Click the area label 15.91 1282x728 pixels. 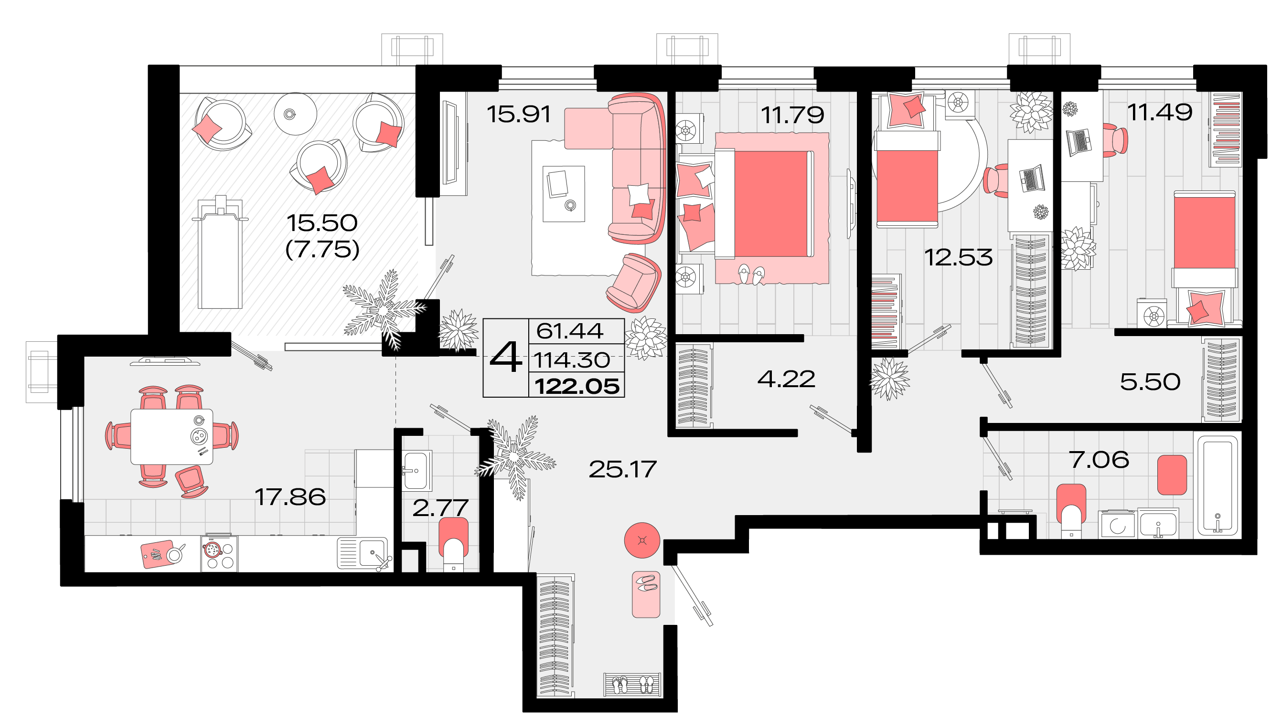tap(519, 114)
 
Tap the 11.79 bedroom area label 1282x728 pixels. tap(792, 115)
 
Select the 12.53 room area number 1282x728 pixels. tap(958, 257)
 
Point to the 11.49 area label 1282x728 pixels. tap(1159, 112)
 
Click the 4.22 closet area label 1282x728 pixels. tap(786, 379)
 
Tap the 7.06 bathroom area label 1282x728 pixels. tap(1099, 460)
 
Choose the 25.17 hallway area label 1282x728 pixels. tap(622, 469)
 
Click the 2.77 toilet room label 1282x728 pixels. tap(440, 508)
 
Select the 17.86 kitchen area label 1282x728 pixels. tap(290, 497)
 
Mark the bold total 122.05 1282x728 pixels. tap(577, 387)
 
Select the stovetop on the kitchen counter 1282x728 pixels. tap(220, 553)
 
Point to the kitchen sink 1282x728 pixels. tap(364, 552)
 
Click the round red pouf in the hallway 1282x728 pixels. tap(642, 540)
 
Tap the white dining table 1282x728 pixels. tap(171, 436)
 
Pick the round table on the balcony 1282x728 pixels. tap(296, 114)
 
